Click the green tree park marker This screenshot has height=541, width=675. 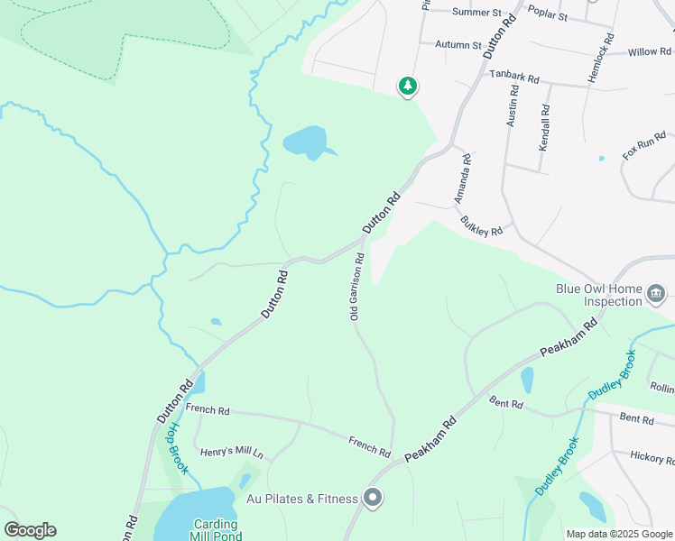408,86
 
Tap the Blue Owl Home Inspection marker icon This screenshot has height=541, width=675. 656,292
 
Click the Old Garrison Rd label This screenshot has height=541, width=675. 356,287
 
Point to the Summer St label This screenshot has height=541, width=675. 476,13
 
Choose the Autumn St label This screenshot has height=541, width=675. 458,44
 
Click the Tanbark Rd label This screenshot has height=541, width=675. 514,78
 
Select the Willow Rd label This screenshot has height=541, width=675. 651,51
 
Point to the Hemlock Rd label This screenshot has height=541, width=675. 601,59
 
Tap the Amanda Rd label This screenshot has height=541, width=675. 463,178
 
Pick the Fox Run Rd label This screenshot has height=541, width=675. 644,146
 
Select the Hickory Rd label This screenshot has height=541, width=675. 652,458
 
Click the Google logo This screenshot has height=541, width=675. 30,530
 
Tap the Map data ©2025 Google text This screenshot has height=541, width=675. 618,534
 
